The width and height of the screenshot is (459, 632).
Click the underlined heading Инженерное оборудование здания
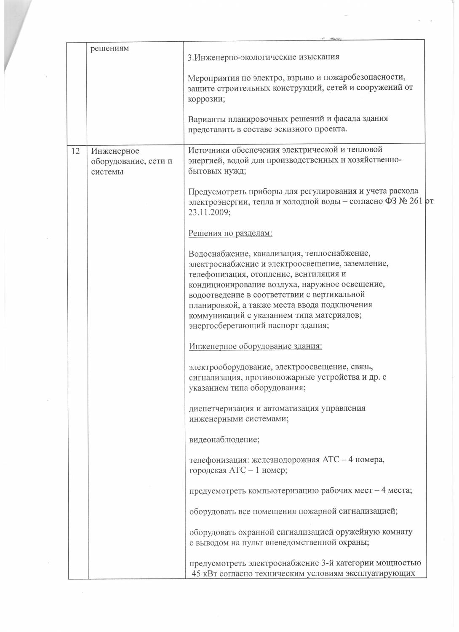click(x=256, y=346)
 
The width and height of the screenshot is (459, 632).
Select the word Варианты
click(x=205, y=119)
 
